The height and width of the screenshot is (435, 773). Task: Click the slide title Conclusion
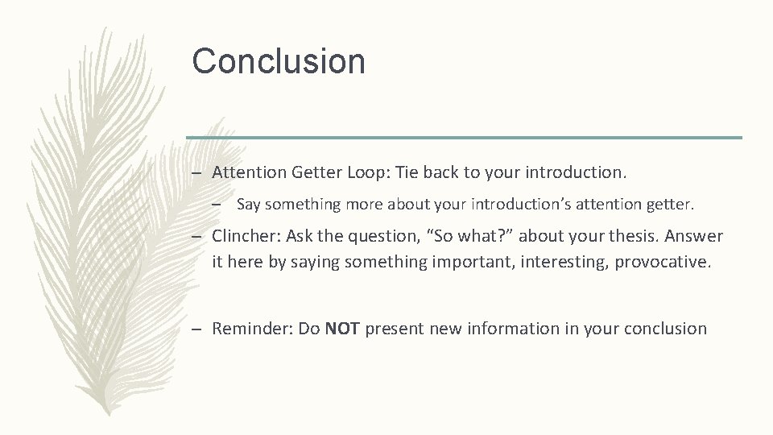[x=278, y=61]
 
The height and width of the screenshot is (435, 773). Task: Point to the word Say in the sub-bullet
[x=248, y=205]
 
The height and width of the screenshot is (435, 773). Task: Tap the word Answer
[x=698, y=237]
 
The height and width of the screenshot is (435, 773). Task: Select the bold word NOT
[x=343, y=329]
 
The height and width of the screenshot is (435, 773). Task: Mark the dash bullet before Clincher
[x=196, y=237]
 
